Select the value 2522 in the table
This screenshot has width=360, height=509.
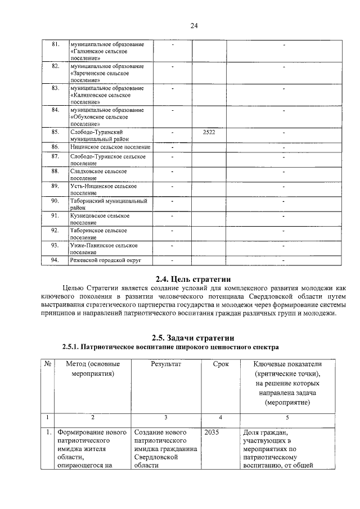click(209, 132)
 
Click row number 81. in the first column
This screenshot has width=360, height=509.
click(55, 44)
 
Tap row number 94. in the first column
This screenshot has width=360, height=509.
click(55, 260)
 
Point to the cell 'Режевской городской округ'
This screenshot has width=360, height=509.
click(105, 260)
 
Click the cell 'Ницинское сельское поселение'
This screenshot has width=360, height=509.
click(110, 146)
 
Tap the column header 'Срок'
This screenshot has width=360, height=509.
click(220, 364)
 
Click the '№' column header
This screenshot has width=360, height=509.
click(48, 364)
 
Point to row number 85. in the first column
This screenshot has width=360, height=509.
click(55, 132)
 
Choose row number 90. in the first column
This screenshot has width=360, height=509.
click(55, 200)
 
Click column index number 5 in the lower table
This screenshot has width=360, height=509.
click(287, 417)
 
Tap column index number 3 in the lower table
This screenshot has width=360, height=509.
click(165, 417)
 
